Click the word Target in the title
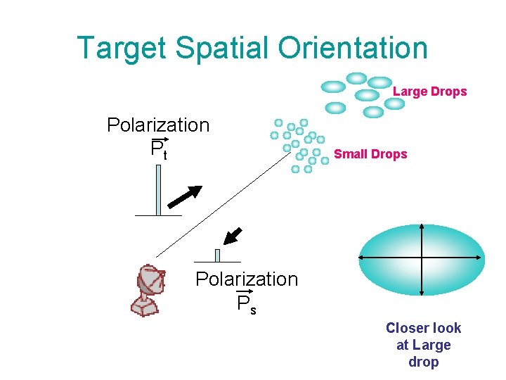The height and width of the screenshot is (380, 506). [122, 48]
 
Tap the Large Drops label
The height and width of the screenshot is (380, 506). [429, 91]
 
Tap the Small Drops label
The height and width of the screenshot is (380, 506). [370, 154]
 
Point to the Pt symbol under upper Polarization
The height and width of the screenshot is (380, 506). [159, 149]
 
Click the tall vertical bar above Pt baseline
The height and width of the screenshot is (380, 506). [158, 189]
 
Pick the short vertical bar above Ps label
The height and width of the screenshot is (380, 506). [217, 255]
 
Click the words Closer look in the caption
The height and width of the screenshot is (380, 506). [423, 328]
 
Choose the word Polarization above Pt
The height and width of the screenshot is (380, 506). [158, 125]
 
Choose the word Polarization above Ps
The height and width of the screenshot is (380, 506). [247, 279]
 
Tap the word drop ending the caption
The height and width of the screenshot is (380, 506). [423, 362]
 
